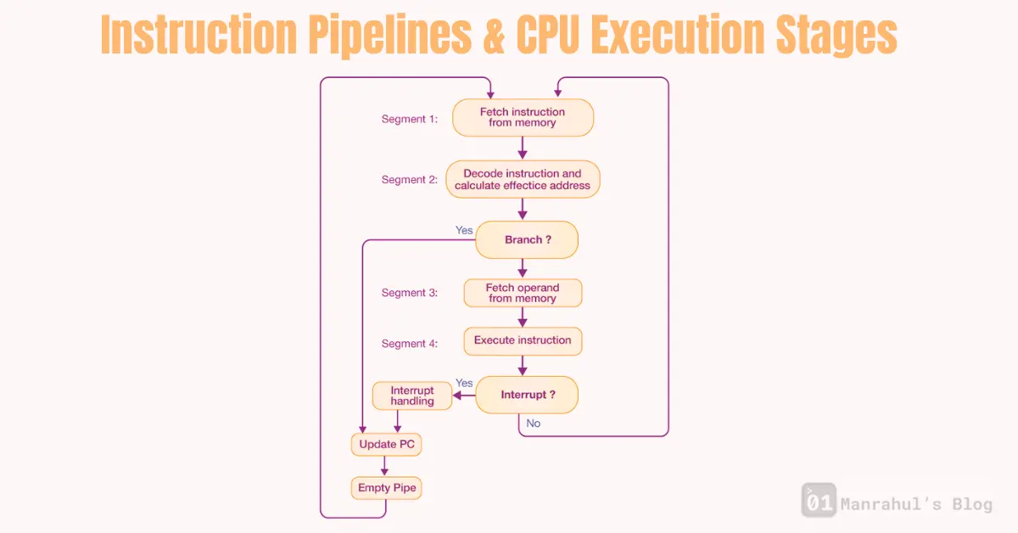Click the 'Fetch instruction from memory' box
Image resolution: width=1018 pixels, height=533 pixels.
[523, 118]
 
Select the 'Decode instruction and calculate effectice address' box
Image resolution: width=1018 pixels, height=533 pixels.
[523, 180]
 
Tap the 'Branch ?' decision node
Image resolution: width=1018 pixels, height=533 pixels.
[527, 240]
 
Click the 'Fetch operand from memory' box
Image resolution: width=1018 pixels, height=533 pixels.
[523, 293]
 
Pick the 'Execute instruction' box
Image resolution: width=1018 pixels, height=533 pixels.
[523, 340]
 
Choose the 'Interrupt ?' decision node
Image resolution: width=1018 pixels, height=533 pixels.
[527, 395]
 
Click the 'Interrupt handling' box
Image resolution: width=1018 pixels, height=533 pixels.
[412, 396]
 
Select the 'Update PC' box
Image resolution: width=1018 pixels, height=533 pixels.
[386, 444]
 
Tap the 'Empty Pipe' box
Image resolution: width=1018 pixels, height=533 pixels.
[386, 488]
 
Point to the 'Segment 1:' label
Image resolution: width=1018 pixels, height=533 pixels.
[409, 119]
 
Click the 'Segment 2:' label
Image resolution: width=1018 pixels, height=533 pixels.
[409, 180]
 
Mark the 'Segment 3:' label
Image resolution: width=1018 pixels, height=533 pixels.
[409, 293]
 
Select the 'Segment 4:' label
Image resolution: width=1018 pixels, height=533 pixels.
[409, 344]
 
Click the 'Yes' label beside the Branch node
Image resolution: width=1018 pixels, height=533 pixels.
[464, 230]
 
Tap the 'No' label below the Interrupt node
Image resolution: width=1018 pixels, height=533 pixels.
[533, 423]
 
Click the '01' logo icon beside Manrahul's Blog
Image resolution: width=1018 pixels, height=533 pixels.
[819, 501]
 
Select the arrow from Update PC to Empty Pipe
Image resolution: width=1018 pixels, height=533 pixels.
[386, 466]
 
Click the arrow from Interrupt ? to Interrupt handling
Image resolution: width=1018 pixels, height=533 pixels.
[463, 395]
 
